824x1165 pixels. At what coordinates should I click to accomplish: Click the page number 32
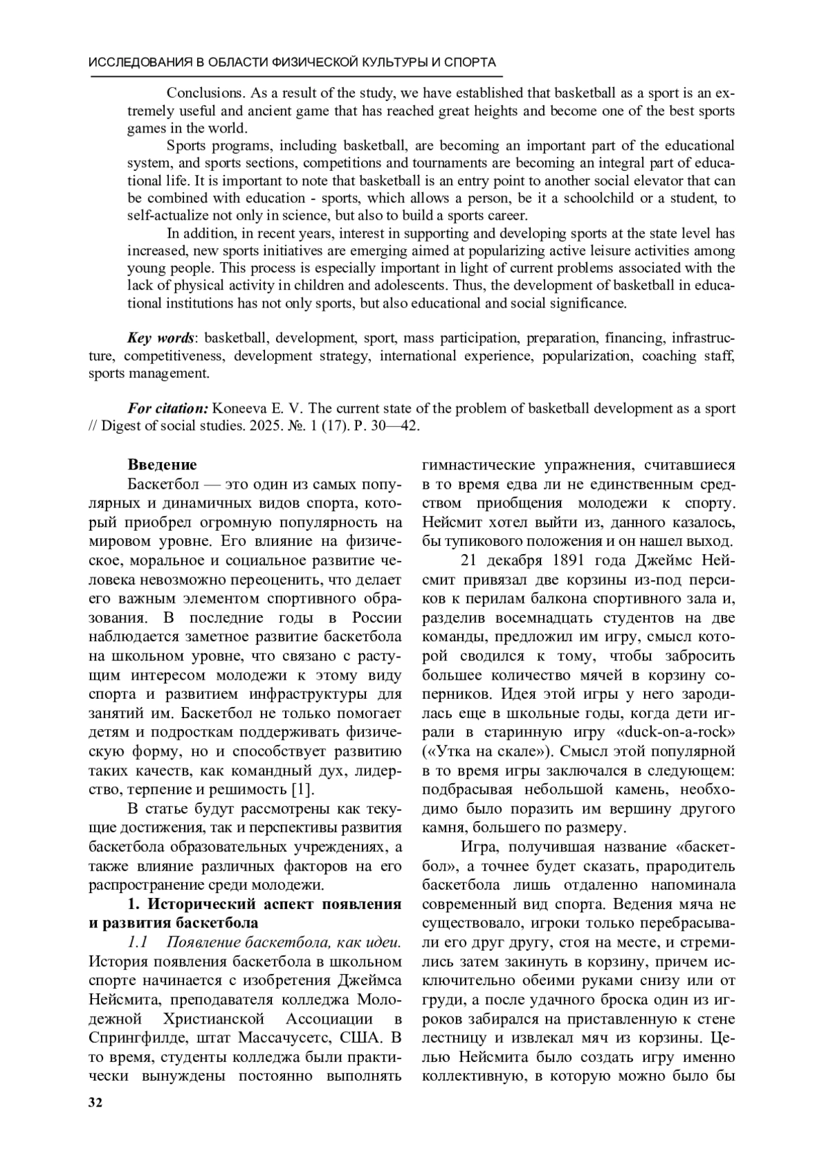coord(95,1103)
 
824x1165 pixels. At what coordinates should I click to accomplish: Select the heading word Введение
coord(162,465)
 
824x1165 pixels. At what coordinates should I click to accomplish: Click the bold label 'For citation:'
coord(168,408)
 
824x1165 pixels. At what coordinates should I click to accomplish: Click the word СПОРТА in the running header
coord(470,62)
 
